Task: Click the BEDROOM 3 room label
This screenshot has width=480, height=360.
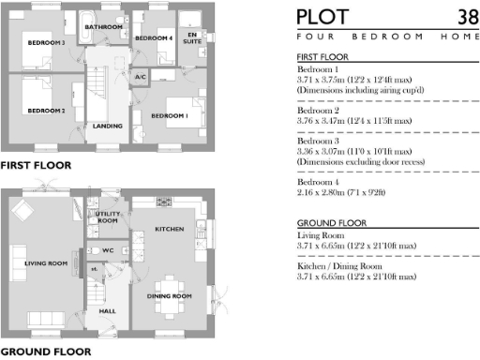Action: click(x=45, y=43)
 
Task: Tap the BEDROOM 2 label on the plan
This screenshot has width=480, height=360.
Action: click(x=45, y=112)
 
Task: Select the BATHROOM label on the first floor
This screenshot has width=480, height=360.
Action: click(x=104, y=27)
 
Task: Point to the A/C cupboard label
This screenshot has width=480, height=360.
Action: click(x=141, y=77)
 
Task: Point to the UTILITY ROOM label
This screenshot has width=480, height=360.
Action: click(x=105, y=218)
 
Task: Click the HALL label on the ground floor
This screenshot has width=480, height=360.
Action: click(x=106, y=309)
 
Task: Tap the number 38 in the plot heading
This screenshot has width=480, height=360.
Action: click(x=466, y=17)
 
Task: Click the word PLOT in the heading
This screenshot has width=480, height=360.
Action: click(x=322, y=17)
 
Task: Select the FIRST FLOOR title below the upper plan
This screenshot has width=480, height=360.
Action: click(x=36, y=166)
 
